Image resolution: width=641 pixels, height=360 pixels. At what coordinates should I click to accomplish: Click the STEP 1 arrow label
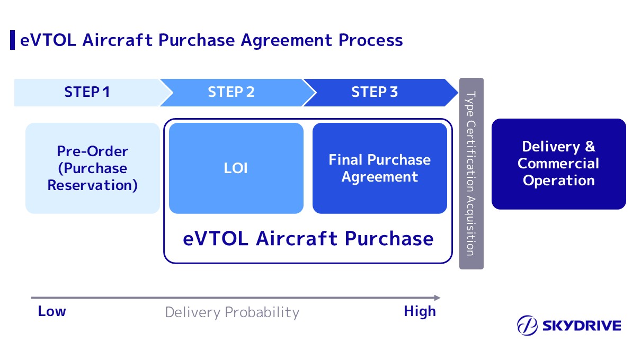(87, 92)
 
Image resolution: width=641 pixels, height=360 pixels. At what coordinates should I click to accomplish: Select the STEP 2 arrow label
(231, 92)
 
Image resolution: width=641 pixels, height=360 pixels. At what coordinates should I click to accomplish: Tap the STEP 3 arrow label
(375, 92)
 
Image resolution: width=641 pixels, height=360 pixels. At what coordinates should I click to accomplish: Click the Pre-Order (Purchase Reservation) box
(93, 168)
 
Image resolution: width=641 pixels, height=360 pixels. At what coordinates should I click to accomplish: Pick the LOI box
(236, 168)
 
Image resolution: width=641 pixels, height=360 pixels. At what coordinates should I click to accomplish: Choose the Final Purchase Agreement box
(379, 168)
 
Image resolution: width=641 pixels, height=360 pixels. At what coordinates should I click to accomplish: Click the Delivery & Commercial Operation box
(558, 164)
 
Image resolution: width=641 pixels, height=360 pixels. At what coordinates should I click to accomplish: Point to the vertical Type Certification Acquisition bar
(471, 174)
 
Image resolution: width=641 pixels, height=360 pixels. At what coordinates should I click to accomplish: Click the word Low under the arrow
(52, 311)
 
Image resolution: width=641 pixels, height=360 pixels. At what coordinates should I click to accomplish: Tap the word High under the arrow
(420, 312)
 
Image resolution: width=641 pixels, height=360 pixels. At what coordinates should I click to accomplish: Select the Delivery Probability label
(232, 312)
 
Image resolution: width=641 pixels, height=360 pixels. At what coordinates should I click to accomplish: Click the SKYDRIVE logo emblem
(528, 325)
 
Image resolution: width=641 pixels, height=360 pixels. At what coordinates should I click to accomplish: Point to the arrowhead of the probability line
(437, 298)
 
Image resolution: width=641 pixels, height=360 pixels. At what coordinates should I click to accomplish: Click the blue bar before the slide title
(12, 40)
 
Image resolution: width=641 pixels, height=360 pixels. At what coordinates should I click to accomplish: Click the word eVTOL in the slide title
(41, 40)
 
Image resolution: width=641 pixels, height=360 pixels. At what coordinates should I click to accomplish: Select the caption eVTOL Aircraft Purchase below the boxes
(308, 238)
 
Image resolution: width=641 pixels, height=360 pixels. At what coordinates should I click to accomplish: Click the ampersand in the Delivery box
(590, 147)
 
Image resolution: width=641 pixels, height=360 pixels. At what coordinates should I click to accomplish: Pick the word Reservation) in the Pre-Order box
(93, 185)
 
